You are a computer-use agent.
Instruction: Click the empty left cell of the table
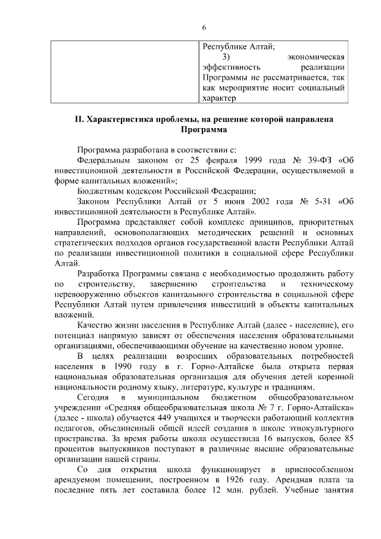123,71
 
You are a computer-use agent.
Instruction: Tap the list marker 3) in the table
226,57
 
